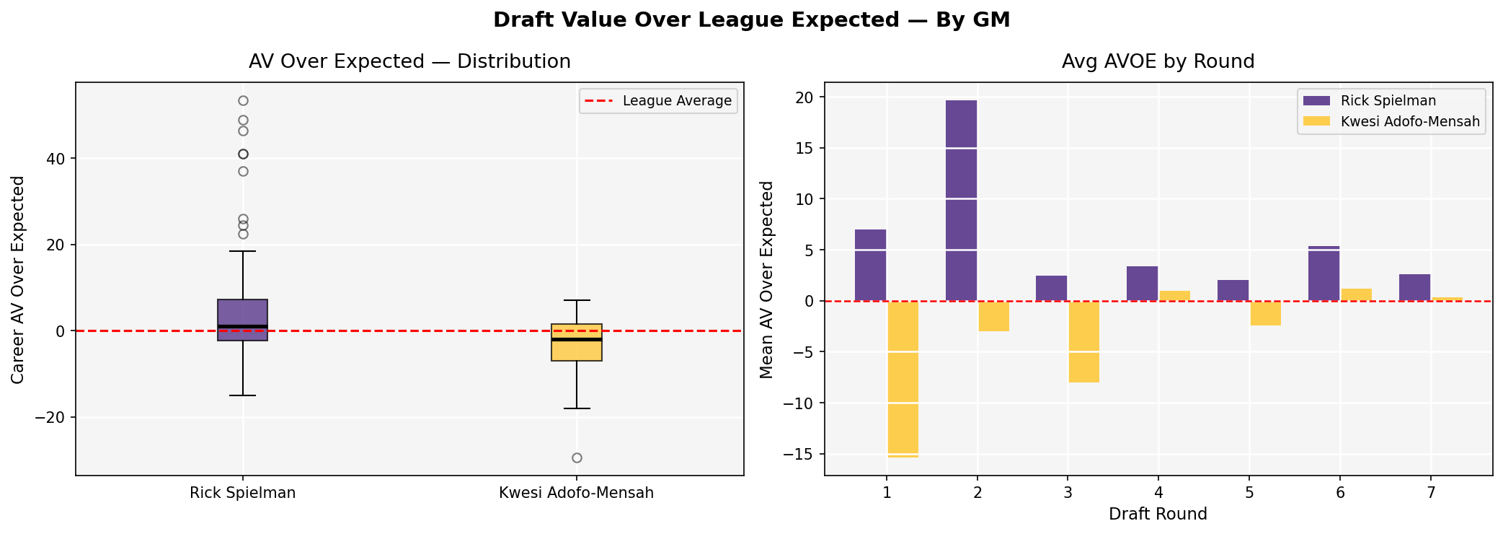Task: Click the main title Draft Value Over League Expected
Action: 751,20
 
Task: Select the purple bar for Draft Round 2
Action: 961,201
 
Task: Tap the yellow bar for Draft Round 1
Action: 903,379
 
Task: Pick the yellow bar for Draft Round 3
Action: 1083,341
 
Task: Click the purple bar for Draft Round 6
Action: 1324,273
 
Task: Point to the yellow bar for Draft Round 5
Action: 1265,313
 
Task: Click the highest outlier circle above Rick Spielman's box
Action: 243,101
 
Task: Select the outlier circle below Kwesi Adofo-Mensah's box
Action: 577,458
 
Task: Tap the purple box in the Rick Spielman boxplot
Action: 243,319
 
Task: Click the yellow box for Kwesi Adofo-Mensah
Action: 577,343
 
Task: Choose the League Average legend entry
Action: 658,101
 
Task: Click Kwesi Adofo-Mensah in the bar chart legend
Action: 1409,122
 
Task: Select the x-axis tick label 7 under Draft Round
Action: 1430,493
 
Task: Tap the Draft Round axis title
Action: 1158,515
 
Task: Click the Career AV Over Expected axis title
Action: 19,279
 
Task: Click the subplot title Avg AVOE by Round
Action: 1158,62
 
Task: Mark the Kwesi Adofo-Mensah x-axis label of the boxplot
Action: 577,494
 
